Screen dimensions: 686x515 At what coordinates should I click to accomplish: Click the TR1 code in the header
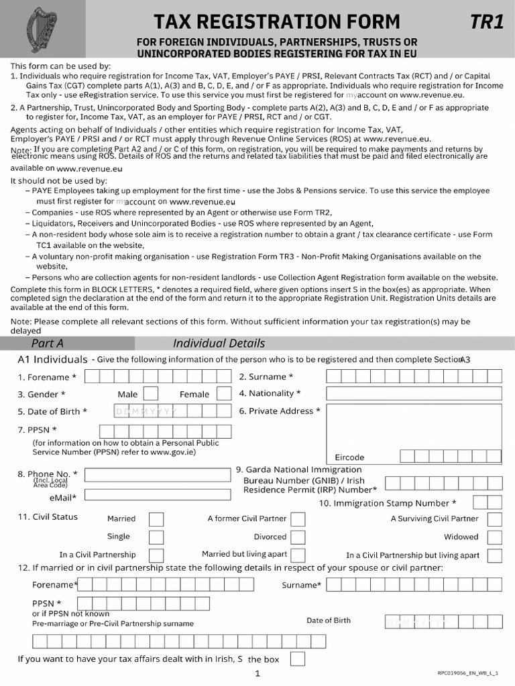point(486,22)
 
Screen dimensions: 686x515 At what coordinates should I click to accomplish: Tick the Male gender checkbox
point(151,394)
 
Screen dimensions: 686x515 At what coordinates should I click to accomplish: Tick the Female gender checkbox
point(224,394)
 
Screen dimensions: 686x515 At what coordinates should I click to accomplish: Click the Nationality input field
point(414,393)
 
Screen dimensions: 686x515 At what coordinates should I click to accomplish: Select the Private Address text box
point(414,425)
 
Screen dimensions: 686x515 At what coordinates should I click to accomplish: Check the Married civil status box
point(156,519)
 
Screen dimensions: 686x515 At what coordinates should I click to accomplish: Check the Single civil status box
point(156,537)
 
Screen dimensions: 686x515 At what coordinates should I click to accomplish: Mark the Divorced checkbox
point(298,537)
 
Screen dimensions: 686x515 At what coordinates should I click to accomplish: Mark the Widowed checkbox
point(495,537)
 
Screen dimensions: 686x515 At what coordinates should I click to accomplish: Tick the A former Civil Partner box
point(298,519)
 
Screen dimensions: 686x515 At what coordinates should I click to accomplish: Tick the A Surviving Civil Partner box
point(495,519)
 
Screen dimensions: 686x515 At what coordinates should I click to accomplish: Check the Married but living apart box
point(298,555)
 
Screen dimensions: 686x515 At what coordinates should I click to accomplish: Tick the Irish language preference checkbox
point(297,659)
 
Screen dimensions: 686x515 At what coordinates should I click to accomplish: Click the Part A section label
point(47,343)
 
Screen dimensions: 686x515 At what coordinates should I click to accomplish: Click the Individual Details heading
point(219,343)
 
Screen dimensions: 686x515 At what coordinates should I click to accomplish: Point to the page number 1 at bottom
point(257,674)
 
